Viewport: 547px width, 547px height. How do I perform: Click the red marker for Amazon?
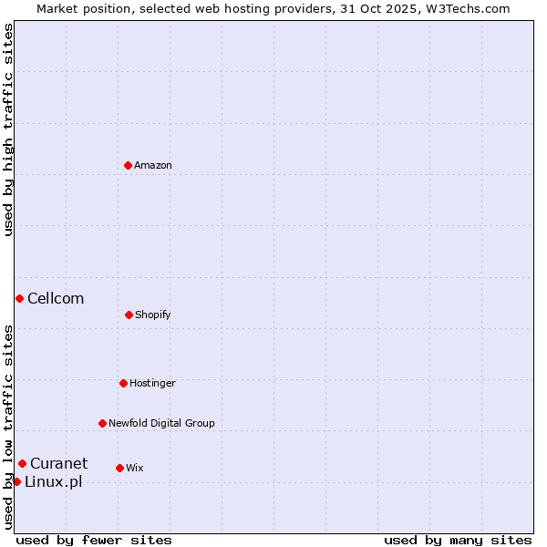point(128,165)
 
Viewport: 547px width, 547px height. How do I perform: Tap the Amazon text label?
point(153,166)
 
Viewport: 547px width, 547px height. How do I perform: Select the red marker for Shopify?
point(129,315)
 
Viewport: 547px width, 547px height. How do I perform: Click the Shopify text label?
point(153,315)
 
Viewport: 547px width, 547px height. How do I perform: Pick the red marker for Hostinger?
point(123,383)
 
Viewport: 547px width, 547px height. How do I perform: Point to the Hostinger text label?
point(152,384)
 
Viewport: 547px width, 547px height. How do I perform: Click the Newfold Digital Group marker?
point(102,423)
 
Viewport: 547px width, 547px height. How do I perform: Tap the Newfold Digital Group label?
point(161,424)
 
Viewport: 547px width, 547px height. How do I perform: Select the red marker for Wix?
point(119,468)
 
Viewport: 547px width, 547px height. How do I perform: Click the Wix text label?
point(135,469)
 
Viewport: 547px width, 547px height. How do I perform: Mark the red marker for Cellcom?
point(19,298)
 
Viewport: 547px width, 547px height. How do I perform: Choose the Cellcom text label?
point(56,299)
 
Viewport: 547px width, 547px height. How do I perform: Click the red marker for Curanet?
point(22,463)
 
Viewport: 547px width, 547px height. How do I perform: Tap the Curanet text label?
point(59,464)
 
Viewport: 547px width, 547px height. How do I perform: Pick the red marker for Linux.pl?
point(16,481)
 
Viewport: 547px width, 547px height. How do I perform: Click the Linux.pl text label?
point(53,482)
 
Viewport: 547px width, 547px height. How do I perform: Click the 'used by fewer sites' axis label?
point(94,540)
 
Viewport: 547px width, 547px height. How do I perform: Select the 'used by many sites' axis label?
point(458,540)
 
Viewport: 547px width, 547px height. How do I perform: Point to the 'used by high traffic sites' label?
point(8,129)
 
